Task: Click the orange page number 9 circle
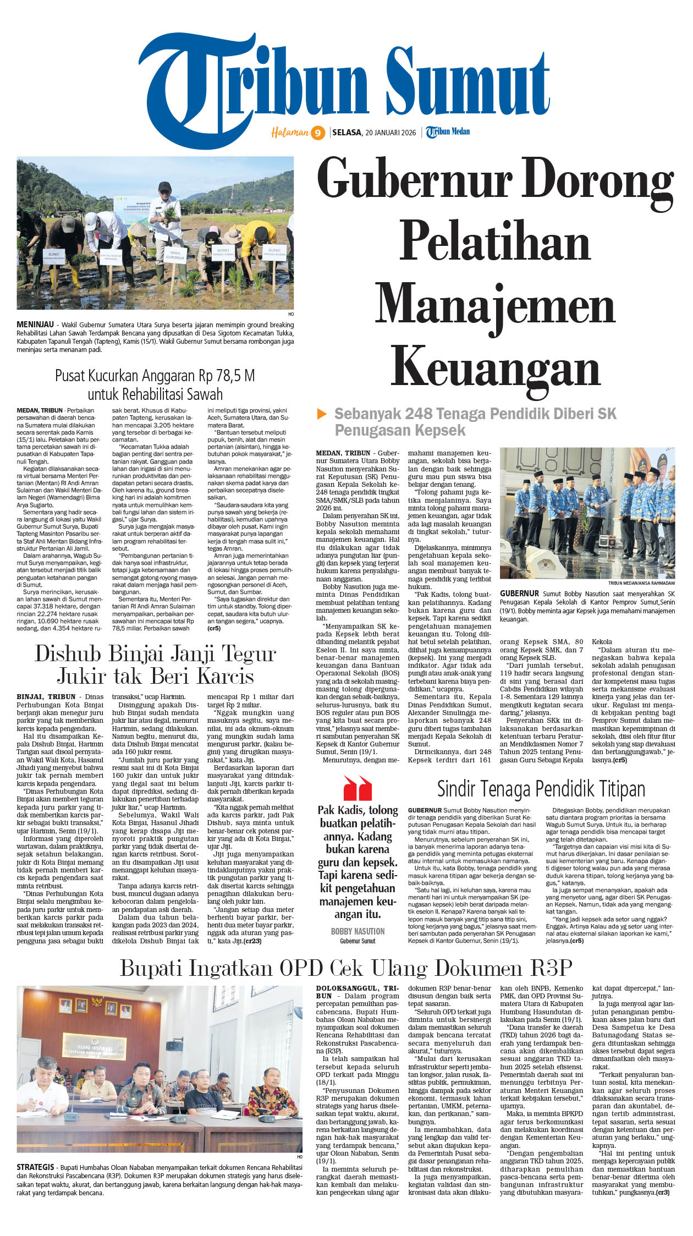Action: tap(318, 133)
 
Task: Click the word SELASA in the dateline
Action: tap(347, 133)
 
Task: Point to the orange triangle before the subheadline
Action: tap(322, 414)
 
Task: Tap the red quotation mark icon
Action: tap(358, 788)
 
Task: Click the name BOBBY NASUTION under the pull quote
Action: tap(358, 931)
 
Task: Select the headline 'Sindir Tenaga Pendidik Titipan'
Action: tap(541, 789)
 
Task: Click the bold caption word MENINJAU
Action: tap(35, 325)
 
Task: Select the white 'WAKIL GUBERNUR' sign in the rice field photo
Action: tap(175, 255)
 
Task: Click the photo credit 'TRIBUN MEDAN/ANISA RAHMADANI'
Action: tap(641, 583)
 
